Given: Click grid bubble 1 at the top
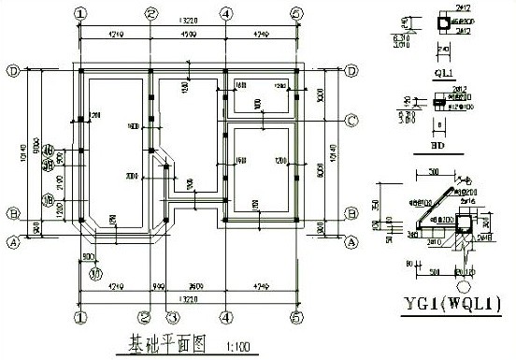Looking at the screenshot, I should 81,13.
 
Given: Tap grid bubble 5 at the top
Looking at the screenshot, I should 296,13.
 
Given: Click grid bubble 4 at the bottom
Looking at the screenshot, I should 226,317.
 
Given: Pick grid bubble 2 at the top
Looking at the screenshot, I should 151,13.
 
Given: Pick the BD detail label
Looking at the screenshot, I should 437,146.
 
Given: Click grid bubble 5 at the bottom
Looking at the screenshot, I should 296,317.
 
